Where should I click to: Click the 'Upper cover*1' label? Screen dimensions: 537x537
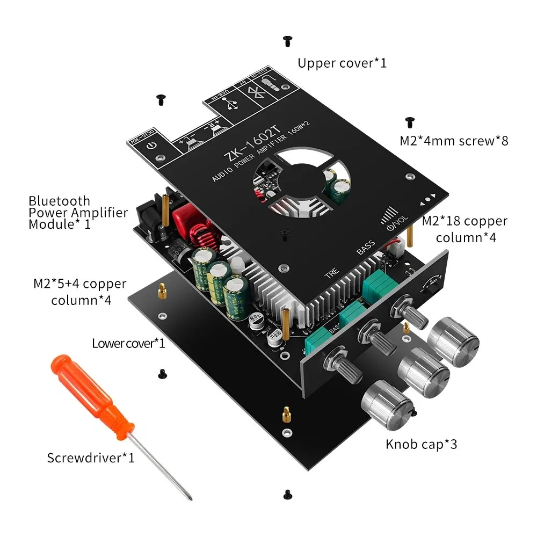click(342, 63)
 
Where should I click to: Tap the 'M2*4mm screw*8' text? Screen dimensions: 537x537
click(454, 141)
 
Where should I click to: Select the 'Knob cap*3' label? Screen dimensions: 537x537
click(421, 444)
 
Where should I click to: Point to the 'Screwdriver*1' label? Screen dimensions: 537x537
click(91, 458)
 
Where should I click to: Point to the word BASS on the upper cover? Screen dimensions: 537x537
click(366, 248)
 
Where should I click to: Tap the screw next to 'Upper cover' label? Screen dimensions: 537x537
click(287, 40)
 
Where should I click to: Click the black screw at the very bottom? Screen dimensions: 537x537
click(287, 492)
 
